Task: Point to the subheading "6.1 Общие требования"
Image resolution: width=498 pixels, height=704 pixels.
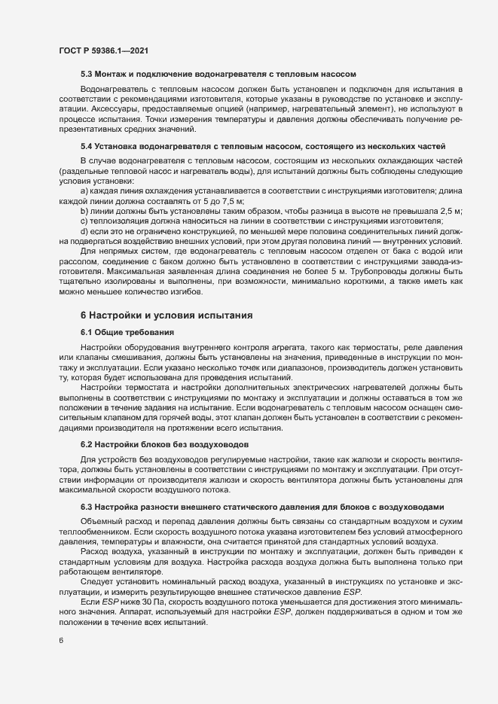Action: pos(128,332)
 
